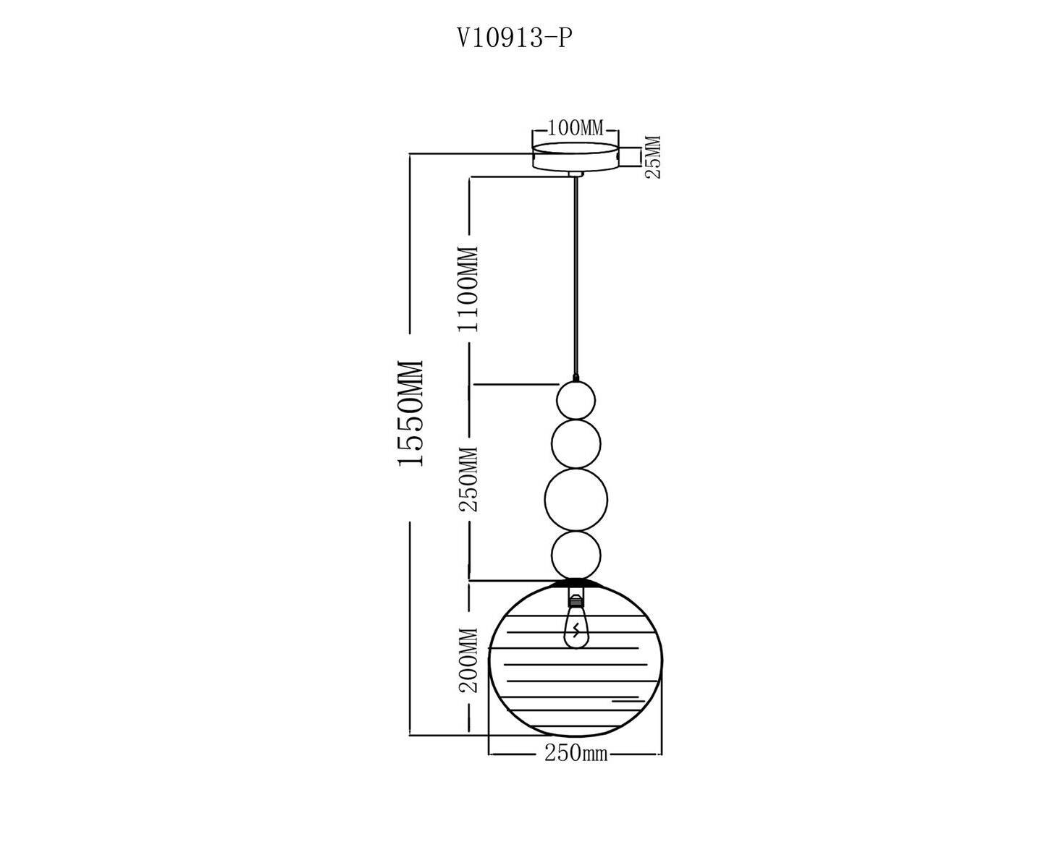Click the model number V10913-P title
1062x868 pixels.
pyautogui.click(x=515, y=38)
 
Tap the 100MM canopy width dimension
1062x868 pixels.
pyautogui.click(x=575, y=129)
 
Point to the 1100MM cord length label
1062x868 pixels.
pyautogui.click(x=466, y=289)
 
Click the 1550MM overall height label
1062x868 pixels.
pyautogui.click(x=410, y=412)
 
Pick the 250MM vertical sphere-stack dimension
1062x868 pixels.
pyautogui.click(x=468, y=480)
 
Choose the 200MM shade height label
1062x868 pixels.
pyautogui.click(x=468, y=660)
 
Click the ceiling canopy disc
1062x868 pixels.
pyautogui.click(x=576, y=156)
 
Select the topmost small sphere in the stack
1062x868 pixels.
pyautogui.click(x=576, y=400)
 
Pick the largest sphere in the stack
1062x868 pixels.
pyautogui.click(x=576, y=499)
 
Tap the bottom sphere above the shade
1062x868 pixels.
pyautogui.click(x=576, y=556)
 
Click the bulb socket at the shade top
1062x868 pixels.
pyautogui.click(x=576, y=597)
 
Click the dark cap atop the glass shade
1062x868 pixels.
pyautogui.click(x=576, y=584)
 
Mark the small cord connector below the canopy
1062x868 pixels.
pyautogui.click(x=576, y=174)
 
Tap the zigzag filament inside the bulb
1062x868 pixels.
pyautogui.click(x=576, y=630)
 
